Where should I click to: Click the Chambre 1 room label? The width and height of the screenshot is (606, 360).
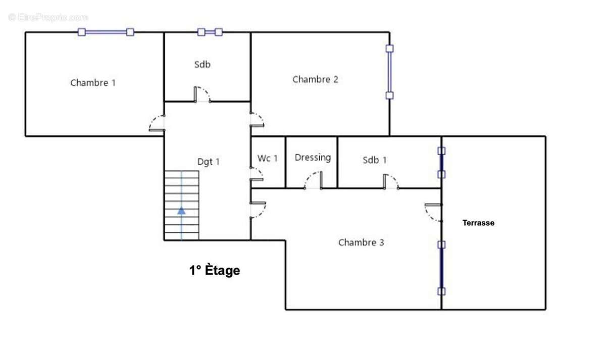pyautogui.click(x=93, y=82)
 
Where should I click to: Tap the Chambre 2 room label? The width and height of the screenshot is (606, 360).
pyautogui.click(x=315, y=79)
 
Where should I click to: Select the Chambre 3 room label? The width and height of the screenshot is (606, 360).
pyautogui.click(x=361, y=242)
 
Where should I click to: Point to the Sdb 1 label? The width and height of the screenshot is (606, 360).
pyautogui.click(x=374, y=160)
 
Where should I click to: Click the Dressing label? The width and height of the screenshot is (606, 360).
pyautogui.click(x=313, y=158)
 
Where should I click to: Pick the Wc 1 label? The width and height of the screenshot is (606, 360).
pyautogui.click(x=267, y=158)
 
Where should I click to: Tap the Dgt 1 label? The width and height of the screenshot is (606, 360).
pyautogui.click(x=208, y=162)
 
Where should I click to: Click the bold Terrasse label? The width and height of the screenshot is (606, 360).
pyautogui.click(x=478, y=223)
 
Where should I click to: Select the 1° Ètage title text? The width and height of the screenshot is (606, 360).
pyautogui.click(x=215, y=270)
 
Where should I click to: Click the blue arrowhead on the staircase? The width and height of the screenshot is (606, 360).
pyautogui.click(x=181, y=211)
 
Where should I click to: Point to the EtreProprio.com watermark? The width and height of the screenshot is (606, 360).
pyautogui.click(x=48, y=17)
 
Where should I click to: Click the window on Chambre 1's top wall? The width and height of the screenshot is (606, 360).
pyautogui.click(x=106, y=32)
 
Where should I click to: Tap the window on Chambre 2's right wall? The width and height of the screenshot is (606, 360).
pyautogui.click(x=389, y=72)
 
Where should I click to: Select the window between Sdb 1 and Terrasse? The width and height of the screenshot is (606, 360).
pyautogui.click(x=441, y=163)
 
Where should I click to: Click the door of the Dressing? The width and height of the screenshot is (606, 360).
pyautogui.click(x=313, y=180)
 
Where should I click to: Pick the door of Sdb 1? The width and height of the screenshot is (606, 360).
pyautogui.click(x=391, y=181)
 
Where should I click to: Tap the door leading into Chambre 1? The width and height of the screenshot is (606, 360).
pyautogui.click(x=157, y=123)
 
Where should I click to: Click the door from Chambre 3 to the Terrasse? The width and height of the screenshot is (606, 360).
pyautogui.click(x=433, y=213)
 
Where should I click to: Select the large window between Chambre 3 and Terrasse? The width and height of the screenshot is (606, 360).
pyautogui.click(x=441, y=268)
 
